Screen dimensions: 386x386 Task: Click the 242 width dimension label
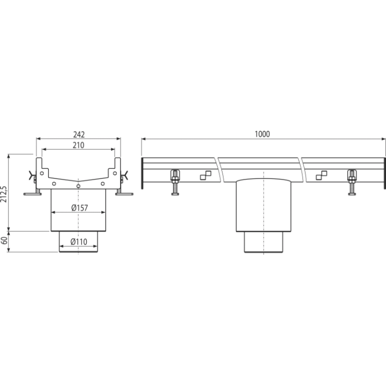pyautogui.click(x=79, y=135)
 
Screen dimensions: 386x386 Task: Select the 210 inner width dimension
pyautogui.click(x=78, y=145)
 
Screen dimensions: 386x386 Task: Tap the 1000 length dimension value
pyautogui.click(x=262, y=134)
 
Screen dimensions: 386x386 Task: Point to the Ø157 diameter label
pyautogui.click(x=79, y=208)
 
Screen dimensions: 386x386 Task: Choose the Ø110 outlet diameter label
pyautogui.click(x=79, y=242)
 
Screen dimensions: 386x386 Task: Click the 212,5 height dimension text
pyautogui.click(x=4, y=194)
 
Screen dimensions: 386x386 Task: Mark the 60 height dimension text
pyautogui.click(x=4, y=241)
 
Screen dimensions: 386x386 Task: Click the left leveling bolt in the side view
pyautogui.click(x=175, y=182)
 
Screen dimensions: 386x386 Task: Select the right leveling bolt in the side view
pyautogui.click(x=352, y=182)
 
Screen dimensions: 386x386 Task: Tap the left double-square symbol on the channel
pyautogui.click(x=205, y=175)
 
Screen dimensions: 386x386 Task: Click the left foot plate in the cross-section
pyautogui.click(x=33, y=194)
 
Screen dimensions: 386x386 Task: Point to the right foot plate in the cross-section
pyautogui.click(x=124, y=194)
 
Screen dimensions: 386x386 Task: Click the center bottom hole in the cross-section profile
pyautogui.click(x=78, y=186)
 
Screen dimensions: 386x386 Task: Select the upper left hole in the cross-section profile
pyautogui.click(x=42, y=173)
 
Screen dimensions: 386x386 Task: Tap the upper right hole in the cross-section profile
pyautogui.click(x=115, y=173)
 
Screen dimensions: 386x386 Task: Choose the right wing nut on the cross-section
pyautogui.click(x=124, y=175)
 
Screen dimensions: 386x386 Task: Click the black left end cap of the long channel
pyautogui.click(x=142, y=173)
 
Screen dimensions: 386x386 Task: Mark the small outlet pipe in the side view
pyautogui.click(x=263, y=242)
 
